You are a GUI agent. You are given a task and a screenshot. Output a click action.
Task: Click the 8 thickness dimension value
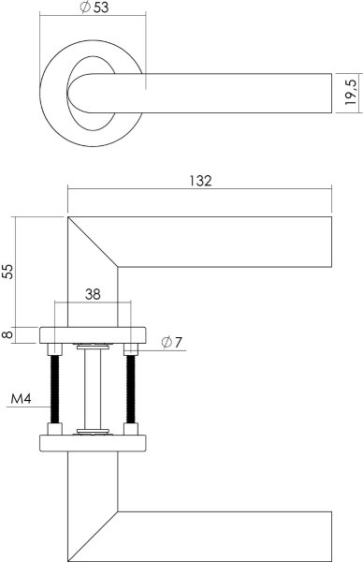[x=8, y=333]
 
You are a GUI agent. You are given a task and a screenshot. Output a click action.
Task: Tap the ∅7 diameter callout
[x=172, y=343]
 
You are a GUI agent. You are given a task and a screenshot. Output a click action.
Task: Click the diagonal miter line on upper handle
[x=94, y=242]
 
